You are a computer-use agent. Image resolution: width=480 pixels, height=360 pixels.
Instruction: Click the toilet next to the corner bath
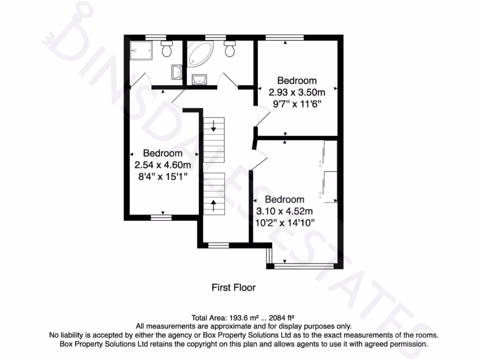[x=230, y=49]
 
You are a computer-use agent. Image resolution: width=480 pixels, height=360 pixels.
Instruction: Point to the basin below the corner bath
[x=200, y=79]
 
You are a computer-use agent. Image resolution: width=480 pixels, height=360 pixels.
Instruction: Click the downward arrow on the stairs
[x=214, y=126]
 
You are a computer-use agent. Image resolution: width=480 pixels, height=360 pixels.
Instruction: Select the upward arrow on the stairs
[x=214, y=205]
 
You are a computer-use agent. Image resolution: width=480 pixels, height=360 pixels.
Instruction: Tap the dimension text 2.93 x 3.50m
[x=297, y=92]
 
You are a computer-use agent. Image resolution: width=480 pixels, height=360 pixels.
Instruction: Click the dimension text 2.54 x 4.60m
[x=163, y=165]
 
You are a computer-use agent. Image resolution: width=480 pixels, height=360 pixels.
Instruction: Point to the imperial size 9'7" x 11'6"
[x=297, y=103]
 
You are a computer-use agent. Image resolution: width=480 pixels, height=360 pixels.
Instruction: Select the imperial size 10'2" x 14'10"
[x=285, y=222]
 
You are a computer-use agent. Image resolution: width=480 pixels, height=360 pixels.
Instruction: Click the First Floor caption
[x=233, y=287]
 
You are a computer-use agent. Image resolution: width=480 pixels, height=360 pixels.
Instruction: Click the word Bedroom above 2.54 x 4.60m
[x=163, y=153]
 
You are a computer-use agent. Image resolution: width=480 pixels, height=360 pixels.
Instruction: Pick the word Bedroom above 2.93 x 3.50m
[x=297, y=80]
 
